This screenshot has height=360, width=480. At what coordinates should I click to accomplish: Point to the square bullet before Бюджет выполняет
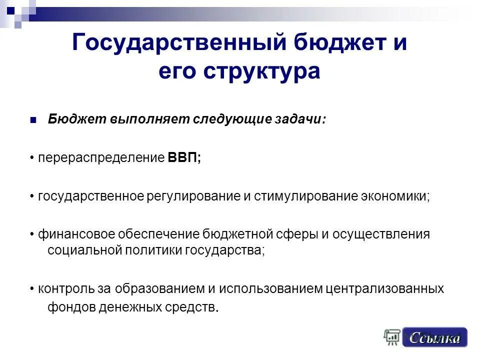33,120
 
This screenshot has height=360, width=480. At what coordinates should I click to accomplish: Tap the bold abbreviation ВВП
183,158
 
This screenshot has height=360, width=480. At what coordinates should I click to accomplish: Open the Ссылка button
434,337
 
